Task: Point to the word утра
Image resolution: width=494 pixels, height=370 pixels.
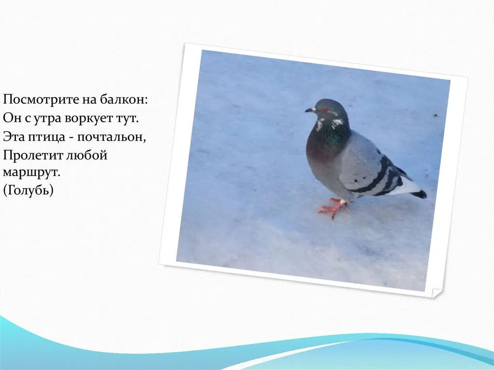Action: (46, 119)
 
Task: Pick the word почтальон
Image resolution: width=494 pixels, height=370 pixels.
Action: (111, 137)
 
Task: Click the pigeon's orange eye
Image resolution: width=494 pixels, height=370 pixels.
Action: (324, 110)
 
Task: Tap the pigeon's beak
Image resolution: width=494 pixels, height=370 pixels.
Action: (310, 110)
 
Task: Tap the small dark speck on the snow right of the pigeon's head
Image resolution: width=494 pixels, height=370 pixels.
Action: (436, 115)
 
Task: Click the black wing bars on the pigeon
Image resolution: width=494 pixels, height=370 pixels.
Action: (378, 177)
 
